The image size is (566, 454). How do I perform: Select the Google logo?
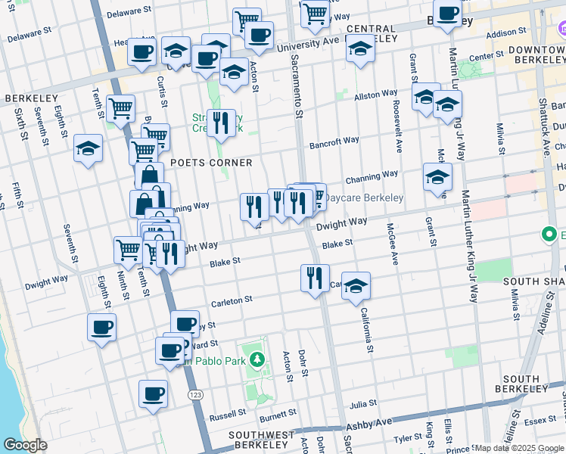(x=25, y=445)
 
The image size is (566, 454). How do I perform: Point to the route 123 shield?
(x=195, y=395)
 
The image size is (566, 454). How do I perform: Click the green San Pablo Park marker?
(x=257, y=356)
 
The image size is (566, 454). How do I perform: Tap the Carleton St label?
(x=232, y=300)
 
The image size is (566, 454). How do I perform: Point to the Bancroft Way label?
(x=334, y=141)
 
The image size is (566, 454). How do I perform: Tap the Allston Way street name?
(x=376, y=95)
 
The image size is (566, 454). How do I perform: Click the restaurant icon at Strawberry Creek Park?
(x=220, y=123)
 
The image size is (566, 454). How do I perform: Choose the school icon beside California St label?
(x=356, y=286)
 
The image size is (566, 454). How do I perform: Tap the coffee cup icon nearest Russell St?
(x=153, y=394)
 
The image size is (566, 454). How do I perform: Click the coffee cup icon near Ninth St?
(x=101, y=328)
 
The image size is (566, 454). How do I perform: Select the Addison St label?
(x=506, y=34)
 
